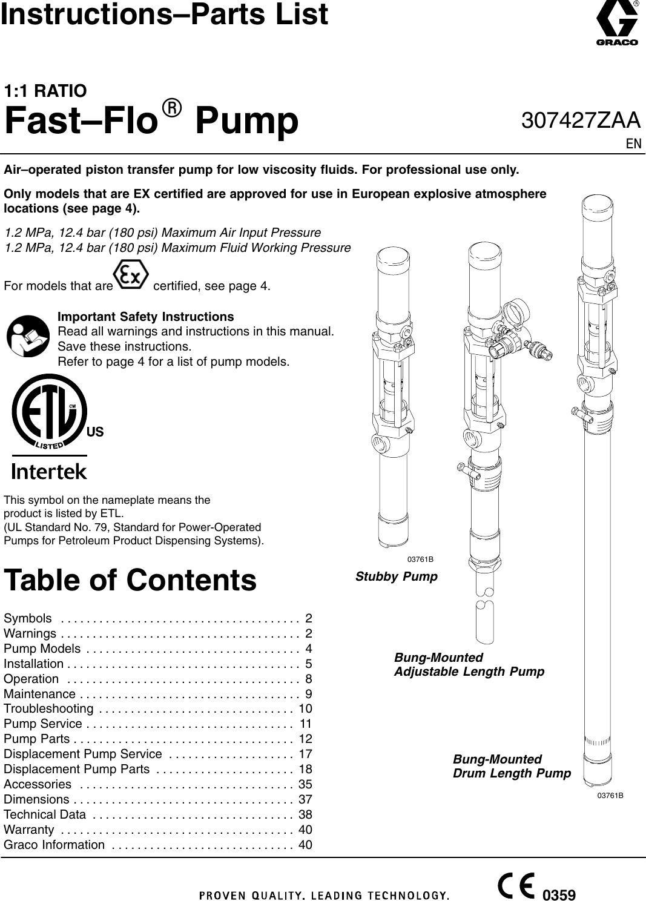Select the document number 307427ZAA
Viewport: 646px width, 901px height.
coord(580,120)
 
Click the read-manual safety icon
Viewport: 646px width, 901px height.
coord(28,336)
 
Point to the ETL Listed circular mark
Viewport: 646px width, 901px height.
coord(48,412)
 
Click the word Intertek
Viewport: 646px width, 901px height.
coord(49,471)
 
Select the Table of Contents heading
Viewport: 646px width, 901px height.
coord(130,580)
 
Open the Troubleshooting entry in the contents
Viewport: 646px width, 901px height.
coord(48,709)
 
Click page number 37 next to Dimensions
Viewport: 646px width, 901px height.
coord(305,799)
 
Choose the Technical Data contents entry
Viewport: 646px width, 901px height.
coord(45,814)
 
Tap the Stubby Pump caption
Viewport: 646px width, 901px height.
coord(396,576)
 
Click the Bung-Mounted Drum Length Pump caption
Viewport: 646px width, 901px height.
coord(512,767)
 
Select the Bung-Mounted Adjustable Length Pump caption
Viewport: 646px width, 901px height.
coord(469,665)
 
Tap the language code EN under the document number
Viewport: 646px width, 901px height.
coord(633,144)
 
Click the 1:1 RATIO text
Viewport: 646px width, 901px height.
coord(45,91)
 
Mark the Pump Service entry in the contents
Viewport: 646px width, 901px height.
coord(43,724)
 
